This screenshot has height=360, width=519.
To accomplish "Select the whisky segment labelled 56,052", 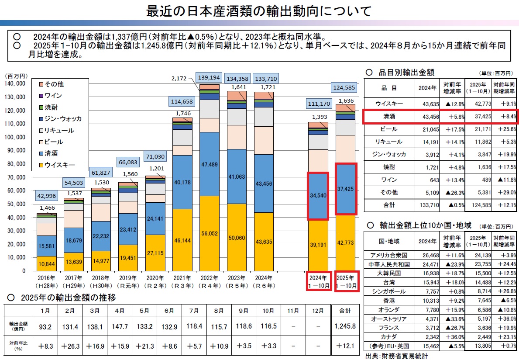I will point(209,233).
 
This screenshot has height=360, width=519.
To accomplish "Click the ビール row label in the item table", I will point(388,129).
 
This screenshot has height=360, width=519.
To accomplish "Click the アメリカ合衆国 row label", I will point(388,255).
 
